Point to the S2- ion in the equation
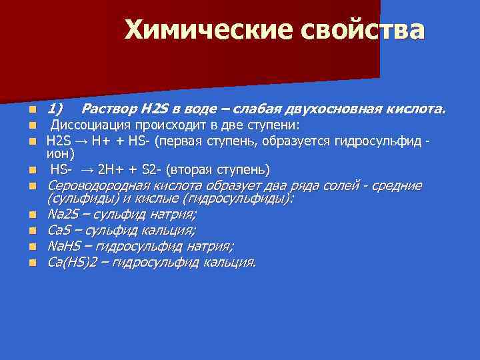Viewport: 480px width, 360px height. click(x=151, y=169)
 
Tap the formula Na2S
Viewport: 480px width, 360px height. click(x=62, y=215)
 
